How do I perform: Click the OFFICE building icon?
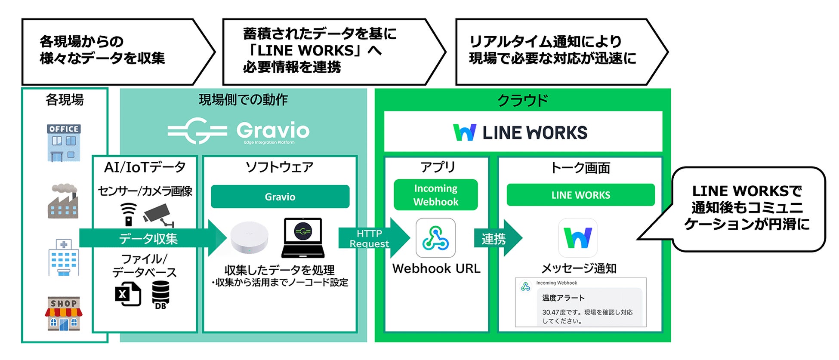(x=64, y=143)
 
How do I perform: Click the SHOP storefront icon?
(x=64, y=314)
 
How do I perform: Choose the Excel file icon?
(x=128, y=294)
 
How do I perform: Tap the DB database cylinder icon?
(x=160, y=295)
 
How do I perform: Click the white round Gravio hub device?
(x=249, y=238)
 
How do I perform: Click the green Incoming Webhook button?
(x=435, y=195)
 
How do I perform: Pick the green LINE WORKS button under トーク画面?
(x=580, y=195)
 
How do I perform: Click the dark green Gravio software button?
(x=280, y=197)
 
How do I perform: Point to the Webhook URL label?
(x=436, y=268)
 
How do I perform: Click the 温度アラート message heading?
(x=563, y=298)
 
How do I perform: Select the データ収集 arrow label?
(x=148, y=238)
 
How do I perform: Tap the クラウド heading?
(x=522, y=100)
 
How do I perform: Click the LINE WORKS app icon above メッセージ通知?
(x=577, y=238)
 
